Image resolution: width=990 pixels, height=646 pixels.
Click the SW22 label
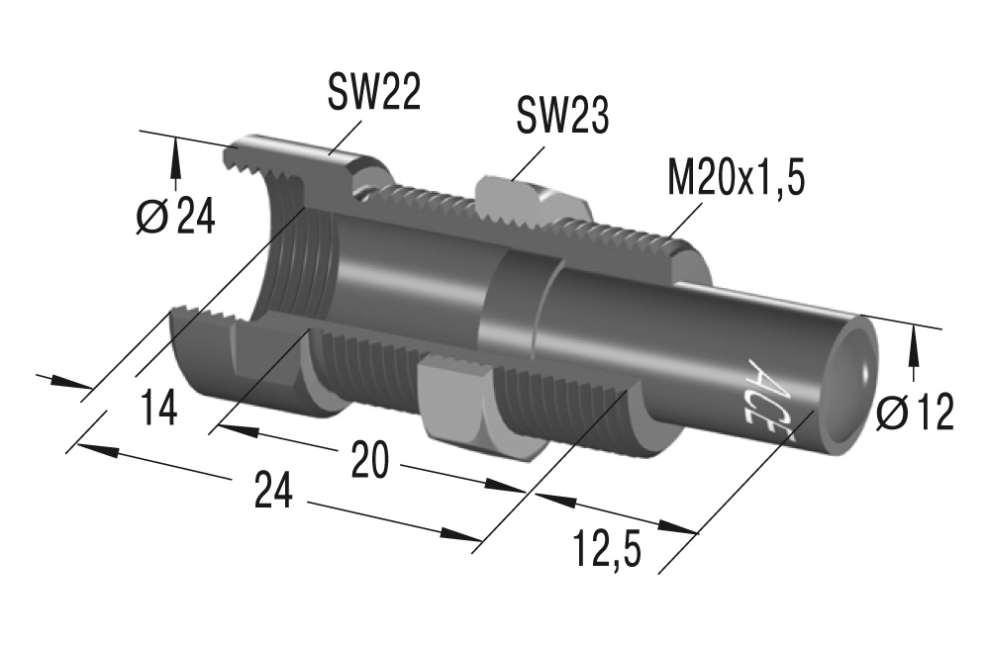click(374, 93)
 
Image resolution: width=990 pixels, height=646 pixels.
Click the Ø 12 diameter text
click(917, 413)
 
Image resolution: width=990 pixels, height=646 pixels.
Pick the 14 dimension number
click(158, 408)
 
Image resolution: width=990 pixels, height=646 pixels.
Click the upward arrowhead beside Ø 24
click(176, 152)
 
